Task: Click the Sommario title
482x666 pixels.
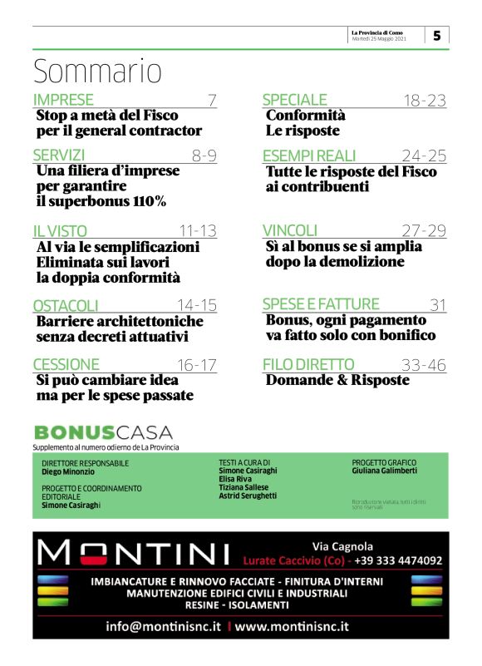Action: pos(97,72)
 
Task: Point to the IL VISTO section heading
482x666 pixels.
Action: pos(60,231)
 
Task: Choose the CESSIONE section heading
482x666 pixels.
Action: pos(66,364)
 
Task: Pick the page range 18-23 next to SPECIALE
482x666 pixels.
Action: pos(425,101)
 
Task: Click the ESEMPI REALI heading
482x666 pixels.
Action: pos(309,155)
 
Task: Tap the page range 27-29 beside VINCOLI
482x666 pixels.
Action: pos(424,230)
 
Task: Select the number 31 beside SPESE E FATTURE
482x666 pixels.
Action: pos(438,304)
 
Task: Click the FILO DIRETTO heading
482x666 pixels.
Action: pos(308,364)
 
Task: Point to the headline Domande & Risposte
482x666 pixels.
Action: pos(337,380)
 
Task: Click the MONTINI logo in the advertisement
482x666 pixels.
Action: pos(134,551)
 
